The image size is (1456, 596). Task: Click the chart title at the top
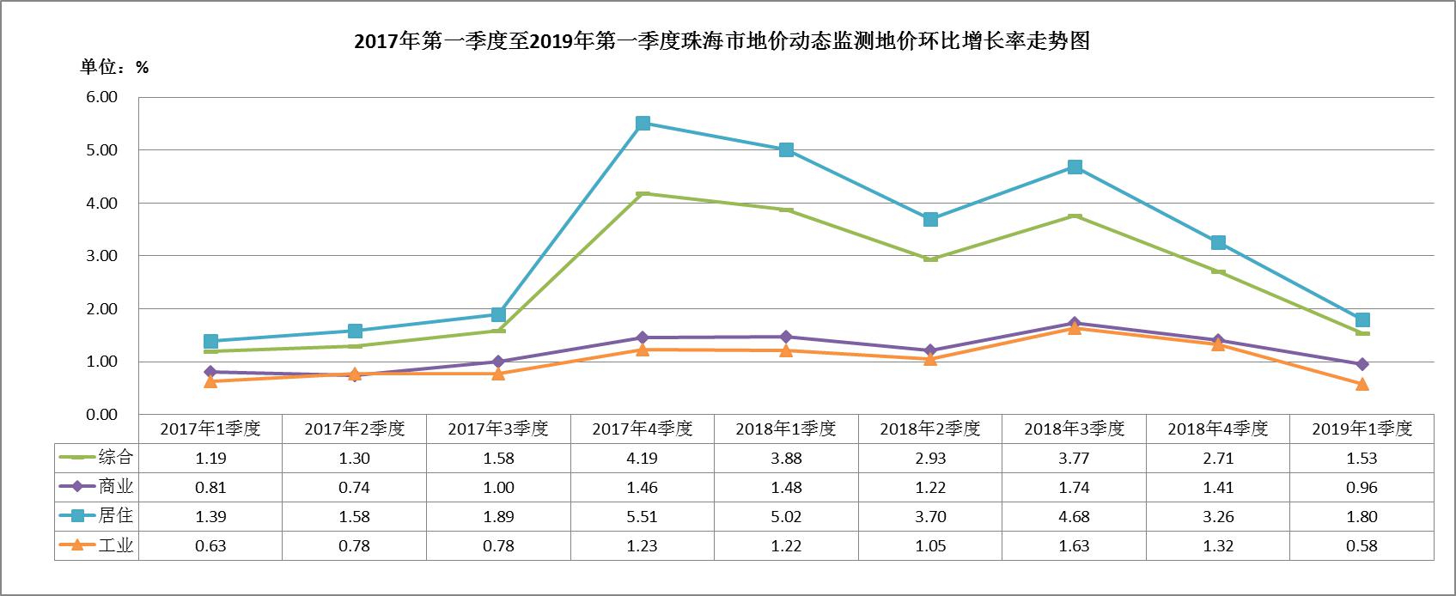(722, 41)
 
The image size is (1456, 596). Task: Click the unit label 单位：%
(114, 67)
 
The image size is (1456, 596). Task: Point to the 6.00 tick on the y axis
(102, 97)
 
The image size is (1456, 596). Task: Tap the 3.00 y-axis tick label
(102, 255)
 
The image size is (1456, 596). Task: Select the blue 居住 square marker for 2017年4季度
(643, 124)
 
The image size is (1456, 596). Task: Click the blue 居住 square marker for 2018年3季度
(1075, 167)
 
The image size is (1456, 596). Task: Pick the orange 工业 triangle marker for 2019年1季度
(1362, 384)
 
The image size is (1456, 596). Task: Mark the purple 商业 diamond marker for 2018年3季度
(1075, 323)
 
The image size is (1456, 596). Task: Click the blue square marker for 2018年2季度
(930, 219)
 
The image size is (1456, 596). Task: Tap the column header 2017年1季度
(210, 429)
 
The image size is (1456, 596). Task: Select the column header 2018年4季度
(1218, 429)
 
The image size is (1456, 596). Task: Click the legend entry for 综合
(96, 457)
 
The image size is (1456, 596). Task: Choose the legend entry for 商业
(96, 486)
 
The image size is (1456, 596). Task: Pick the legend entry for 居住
(96, 515)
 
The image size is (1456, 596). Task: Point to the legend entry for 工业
(96, 544)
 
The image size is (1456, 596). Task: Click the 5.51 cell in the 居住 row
(643, 517)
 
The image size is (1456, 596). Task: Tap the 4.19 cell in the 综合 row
(643, 459)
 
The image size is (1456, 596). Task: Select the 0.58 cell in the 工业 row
(1362, 546)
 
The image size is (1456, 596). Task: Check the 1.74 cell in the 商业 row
(1074, 488)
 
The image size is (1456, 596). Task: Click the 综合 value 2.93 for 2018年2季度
(930, 459)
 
